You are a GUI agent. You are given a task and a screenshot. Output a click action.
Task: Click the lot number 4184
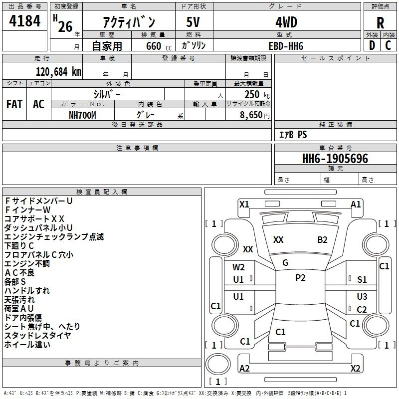coord(24,21)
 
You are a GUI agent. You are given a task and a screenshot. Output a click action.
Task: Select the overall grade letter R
coord(380,23)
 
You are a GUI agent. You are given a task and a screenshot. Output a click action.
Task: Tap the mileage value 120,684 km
coord(58,72)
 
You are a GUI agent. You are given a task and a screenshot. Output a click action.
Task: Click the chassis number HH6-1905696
coord(335,158)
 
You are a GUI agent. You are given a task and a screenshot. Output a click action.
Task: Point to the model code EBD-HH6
coord(286,46)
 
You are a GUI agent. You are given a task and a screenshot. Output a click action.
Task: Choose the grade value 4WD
coord(286,22)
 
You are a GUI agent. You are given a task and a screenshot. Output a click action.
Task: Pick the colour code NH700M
coord(82,115)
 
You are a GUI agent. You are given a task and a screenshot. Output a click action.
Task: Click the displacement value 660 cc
coord(159,46)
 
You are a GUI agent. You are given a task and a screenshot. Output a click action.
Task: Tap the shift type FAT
coord(14,104)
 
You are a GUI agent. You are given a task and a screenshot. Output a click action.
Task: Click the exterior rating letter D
coord(372,45)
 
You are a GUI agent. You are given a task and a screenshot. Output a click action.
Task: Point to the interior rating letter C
coord(388,45)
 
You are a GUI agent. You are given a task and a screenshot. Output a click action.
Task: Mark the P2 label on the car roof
coord(300,278)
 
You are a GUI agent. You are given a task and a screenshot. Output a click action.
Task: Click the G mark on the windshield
coord(285,263)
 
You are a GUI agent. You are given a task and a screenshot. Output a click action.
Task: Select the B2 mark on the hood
coord(322,240)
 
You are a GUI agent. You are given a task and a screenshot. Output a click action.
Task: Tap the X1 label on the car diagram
coord(244,204)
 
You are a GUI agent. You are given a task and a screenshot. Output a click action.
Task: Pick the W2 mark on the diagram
coord(238,267)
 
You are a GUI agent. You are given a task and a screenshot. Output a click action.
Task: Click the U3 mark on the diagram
coord(362,296)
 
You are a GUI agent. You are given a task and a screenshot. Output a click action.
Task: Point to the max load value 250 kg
coord(257,94)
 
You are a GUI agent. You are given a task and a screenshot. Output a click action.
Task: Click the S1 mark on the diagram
coord(362,280)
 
